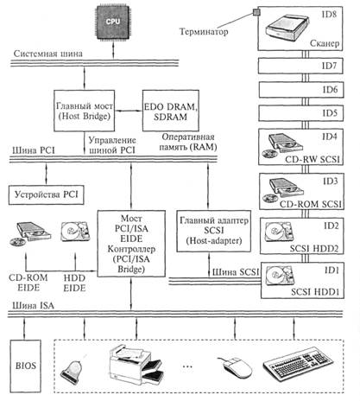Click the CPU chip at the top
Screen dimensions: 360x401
113,22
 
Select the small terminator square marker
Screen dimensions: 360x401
256,12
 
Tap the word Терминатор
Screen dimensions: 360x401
204,31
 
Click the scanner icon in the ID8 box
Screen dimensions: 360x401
287,27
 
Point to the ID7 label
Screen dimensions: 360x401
329,66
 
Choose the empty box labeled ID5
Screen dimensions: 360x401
301,113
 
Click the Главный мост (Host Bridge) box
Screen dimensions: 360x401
84,111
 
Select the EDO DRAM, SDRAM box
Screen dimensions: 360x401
171,111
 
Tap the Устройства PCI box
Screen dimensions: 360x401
47,195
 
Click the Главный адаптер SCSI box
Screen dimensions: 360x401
214,231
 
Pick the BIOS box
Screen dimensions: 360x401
26,366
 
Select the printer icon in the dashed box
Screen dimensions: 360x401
136,365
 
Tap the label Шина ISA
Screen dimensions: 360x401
33,305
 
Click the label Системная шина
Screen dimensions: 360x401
48,54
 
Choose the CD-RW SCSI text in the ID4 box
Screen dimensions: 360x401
313,159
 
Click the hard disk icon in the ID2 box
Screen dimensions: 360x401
279,232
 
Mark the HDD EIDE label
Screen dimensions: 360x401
74,283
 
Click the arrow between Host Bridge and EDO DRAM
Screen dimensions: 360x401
129,111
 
